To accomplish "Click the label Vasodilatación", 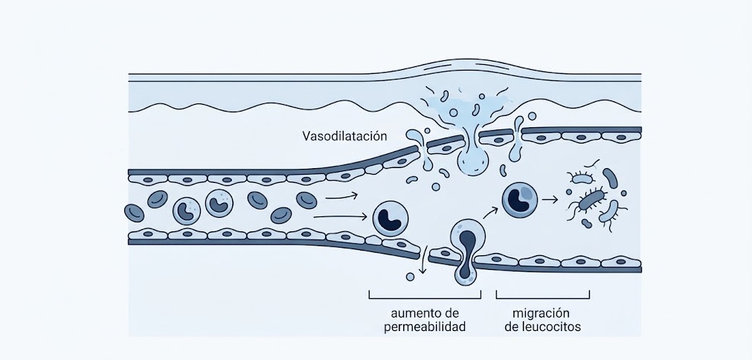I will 346,136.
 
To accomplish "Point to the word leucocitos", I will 541,327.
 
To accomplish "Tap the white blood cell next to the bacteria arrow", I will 519,199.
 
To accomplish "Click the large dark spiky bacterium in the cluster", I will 593,201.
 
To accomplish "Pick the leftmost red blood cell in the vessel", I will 134,213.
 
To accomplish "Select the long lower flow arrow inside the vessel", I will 340,217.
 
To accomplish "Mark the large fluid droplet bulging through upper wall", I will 472,161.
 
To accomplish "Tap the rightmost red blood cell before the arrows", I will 306,199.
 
